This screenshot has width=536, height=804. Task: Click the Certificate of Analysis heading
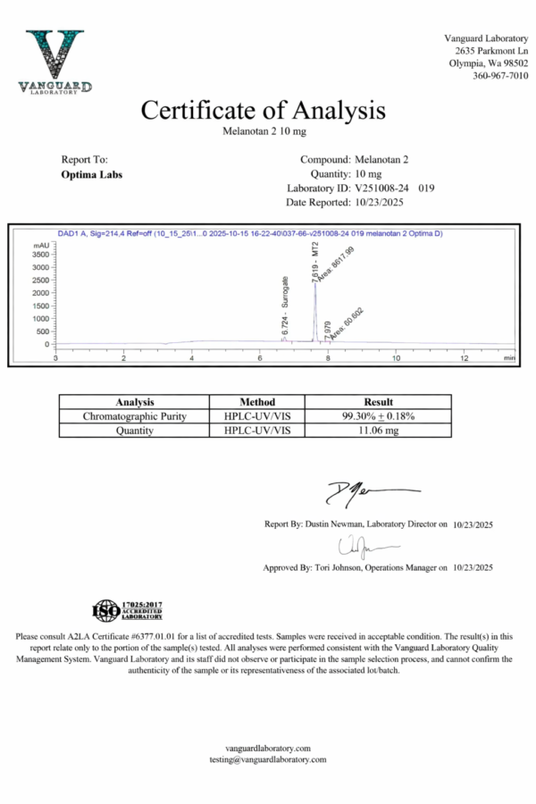(x=264, y=110)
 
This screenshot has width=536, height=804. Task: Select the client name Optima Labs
(x=92, y=174)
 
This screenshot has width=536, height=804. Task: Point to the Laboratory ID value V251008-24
(x=383, y=188)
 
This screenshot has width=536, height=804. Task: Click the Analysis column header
(x=134, y=402)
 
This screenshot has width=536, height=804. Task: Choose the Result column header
(x=378, y=402)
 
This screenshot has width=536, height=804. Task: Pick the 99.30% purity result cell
(x=378, y=416)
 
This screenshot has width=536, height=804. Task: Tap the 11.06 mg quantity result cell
(x=378, y=431)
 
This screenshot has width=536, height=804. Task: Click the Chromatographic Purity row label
(x=134, y=416)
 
